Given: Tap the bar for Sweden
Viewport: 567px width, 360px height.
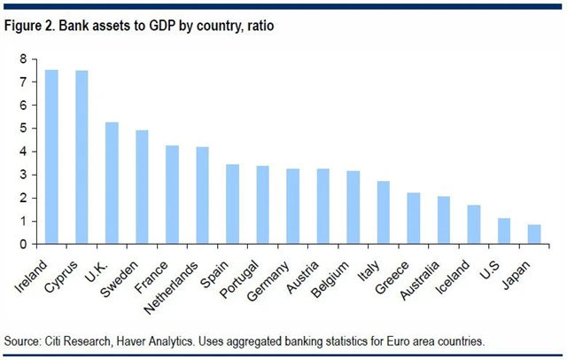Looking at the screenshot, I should [143, 187].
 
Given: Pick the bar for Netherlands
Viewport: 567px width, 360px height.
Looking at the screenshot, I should [203, 195].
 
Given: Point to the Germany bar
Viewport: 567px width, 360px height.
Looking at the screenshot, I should [293, 206].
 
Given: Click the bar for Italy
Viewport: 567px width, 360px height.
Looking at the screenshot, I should [384, 212].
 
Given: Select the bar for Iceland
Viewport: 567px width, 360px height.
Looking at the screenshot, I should [474, 224].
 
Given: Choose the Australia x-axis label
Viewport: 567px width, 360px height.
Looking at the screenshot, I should [424, 270].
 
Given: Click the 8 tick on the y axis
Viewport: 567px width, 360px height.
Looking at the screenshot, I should [24, 59].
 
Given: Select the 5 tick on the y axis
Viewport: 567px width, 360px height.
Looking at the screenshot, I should [24, 129].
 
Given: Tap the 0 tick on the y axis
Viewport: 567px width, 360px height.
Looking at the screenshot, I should [24, 244].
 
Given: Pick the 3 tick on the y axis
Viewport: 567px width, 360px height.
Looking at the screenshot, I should [24, 175].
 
